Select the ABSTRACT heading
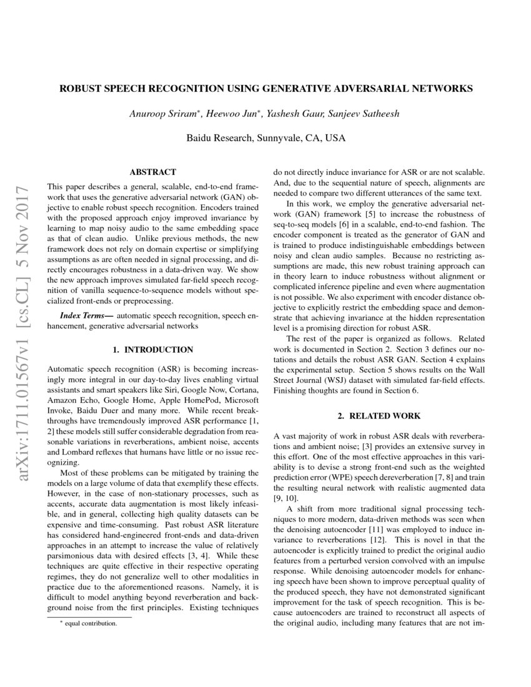(152, 172)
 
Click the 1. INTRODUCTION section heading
(152, 350)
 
